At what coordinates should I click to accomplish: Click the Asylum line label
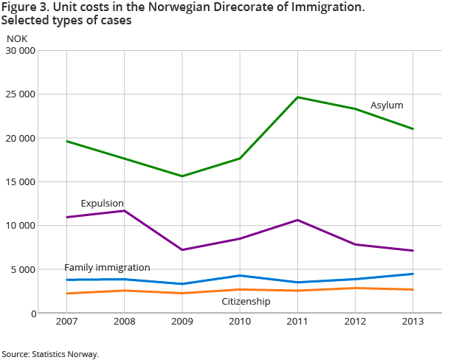[387, 105]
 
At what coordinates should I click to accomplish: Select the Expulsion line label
[102, 204]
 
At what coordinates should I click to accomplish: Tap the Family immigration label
[107, 267]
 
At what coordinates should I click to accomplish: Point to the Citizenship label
[246, 302]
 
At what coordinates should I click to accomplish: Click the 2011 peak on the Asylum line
[297, 97]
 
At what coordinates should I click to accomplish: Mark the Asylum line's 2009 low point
[182, 176]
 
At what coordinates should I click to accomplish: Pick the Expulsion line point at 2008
[125, 211]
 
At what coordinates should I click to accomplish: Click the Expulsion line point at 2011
[297, 220]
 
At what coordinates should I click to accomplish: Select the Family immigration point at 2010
[240, 276]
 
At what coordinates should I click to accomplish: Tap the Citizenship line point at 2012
[355, 288]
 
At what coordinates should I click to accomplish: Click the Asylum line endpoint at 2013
[412, 129]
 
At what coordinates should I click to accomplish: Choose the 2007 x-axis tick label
[67, 322]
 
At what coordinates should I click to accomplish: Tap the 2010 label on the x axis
[240, 322]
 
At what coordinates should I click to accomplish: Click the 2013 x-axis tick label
[412, 322]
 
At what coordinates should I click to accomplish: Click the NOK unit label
[16, 38]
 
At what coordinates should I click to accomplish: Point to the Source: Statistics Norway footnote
[50, 354]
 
